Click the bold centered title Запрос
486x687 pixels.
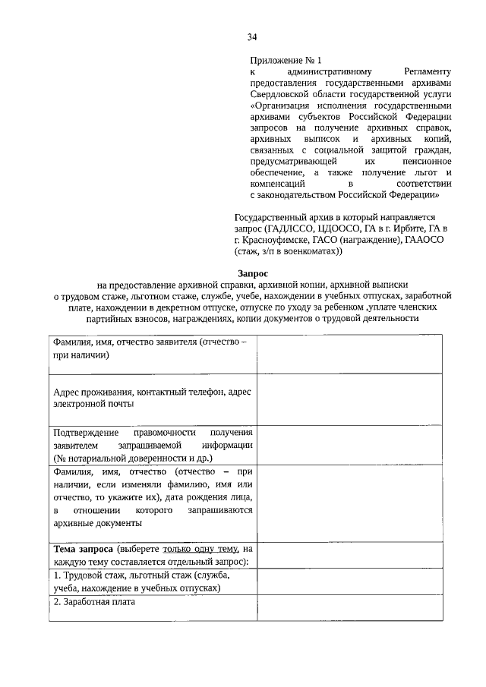pos(251,273)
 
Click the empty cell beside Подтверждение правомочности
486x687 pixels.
pos(351,444)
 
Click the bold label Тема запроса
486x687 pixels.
pos(84,549)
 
